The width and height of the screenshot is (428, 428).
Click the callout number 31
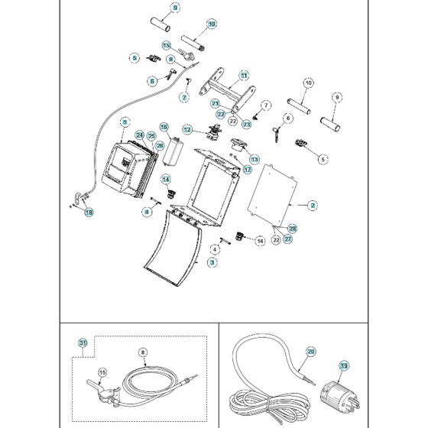click(83, 343)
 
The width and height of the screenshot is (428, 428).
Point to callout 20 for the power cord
click(310, 352)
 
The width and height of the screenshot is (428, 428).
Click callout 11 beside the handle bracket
click(244, 76)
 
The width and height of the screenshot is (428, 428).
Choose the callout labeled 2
click(312, 205)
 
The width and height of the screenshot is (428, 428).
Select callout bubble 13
click(255, 160)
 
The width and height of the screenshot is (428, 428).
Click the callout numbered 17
click(247, 170)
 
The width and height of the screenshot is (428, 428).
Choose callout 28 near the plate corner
click(293, 229)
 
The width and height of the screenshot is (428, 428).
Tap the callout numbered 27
click(288, 238)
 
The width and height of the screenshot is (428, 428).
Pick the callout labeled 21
click(216, 104)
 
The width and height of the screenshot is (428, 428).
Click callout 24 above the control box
click(140, 135)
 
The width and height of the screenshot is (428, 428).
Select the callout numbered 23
click(247, 123)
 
